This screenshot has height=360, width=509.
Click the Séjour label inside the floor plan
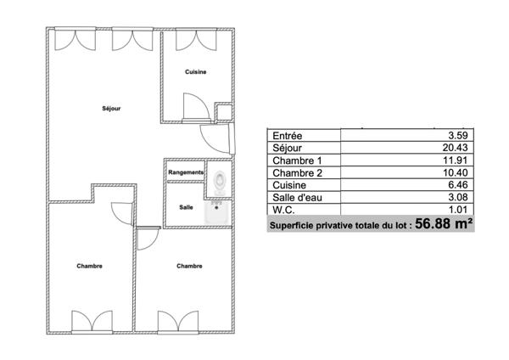coord(111,109)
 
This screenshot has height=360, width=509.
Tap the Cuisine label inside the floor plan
coord(196,72)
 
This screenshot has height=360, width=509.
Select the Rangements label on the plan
coord(186,172)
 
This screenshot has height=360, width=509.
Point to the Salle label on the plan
coord(185,207)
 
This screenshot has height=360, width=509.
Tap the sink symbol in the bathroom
coord(219,212)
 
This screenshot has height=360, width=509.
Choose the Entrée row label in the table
coord(284,134)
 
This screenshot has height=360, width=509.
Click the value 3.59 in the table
coord(458,134)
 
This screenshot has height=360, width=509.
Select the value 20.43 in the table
coord(456,147)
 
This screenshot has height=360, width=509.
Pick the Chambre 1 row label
coord(295,160)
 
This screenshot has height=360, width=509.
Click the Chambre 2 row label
coord(295,172)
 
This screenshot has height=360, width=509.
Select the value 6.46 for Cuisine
coord(458,184)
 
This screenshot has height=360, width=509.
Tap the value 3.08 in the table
coord(458,197)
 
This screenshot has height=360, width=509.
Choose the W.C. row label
coord(282,210)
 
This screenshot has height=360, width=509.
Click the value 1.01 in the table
coord(458,210)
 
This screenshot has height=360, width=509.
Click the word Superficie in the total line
coord(293,226)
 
